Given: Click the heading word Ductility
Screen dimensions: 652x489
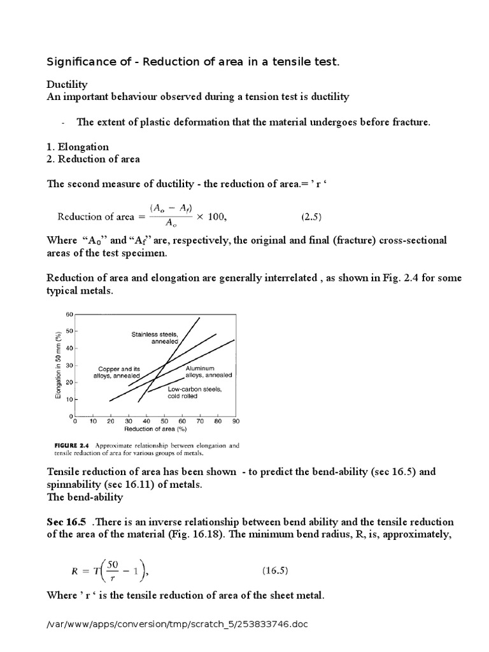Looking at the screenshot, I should coord(67,85).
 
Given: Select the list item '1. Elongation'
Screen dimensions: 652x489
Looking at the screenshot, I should coord(78,147).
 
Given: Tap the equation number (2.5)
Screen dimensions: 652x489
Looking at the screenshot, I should coord(311,216).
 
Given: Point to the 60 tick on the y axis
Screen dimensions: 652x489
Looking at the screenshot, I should coord(70,315).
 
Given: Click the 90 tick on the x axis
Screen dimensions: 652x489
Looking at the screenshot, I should coord(235,422).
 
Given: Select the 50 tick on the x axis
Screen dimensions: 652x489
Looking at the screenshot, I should coord(164,422).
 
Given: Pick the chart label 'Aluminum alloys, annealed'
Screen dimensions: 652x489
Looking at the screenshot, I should coord(208,372).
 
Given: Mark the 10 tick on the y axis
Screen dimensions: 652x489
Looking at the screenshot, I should coord(70,399).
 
